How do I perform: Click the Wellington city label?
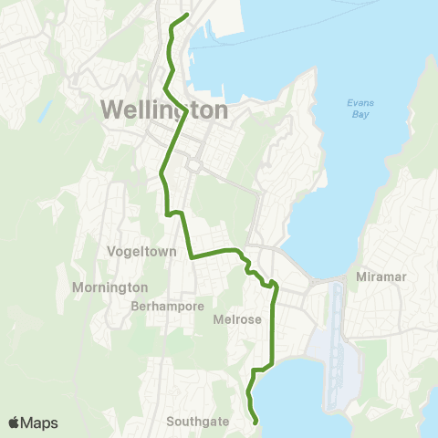164,109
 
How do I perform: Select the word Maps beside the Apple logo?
41,422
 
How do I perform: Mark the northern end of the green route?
188,15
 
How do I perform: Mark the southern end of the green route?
255,422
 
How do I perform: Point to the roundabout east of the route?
193,165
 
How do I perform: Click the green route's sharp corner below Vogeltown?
191,257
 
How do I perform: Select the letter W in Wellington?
112,109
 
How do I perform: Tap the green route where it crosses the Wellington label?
186,110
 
